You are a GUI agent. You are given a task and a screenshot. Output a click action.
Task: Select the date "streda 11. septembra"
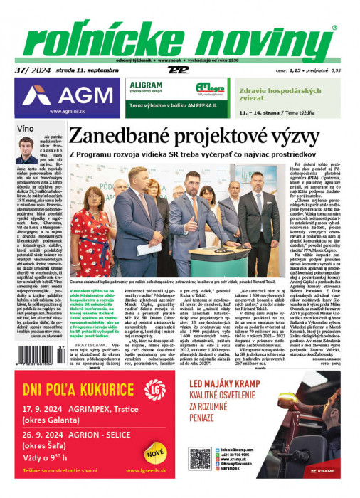pos(83,70)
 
